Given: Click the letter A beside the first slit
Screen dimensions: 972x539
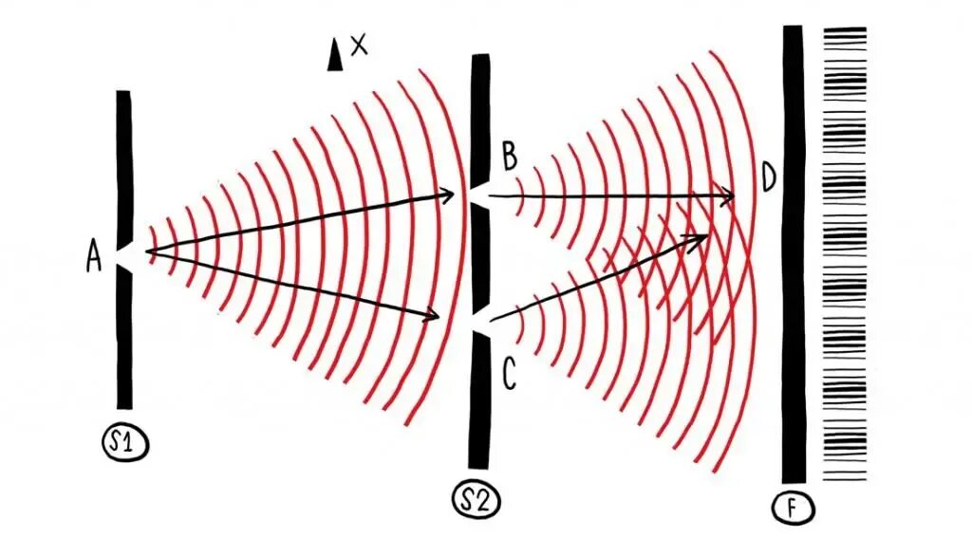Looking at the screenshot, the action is click(x=93, y=256).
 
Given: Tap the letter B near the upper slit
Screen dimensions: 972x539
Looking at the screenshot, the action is click(x=509, y=156).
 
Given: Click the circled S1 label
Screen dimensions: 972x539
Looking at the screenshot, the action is click(x=126, y=443).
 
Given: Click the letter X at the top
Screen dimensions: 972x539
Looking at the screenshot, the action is click(x=358, y=45).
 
